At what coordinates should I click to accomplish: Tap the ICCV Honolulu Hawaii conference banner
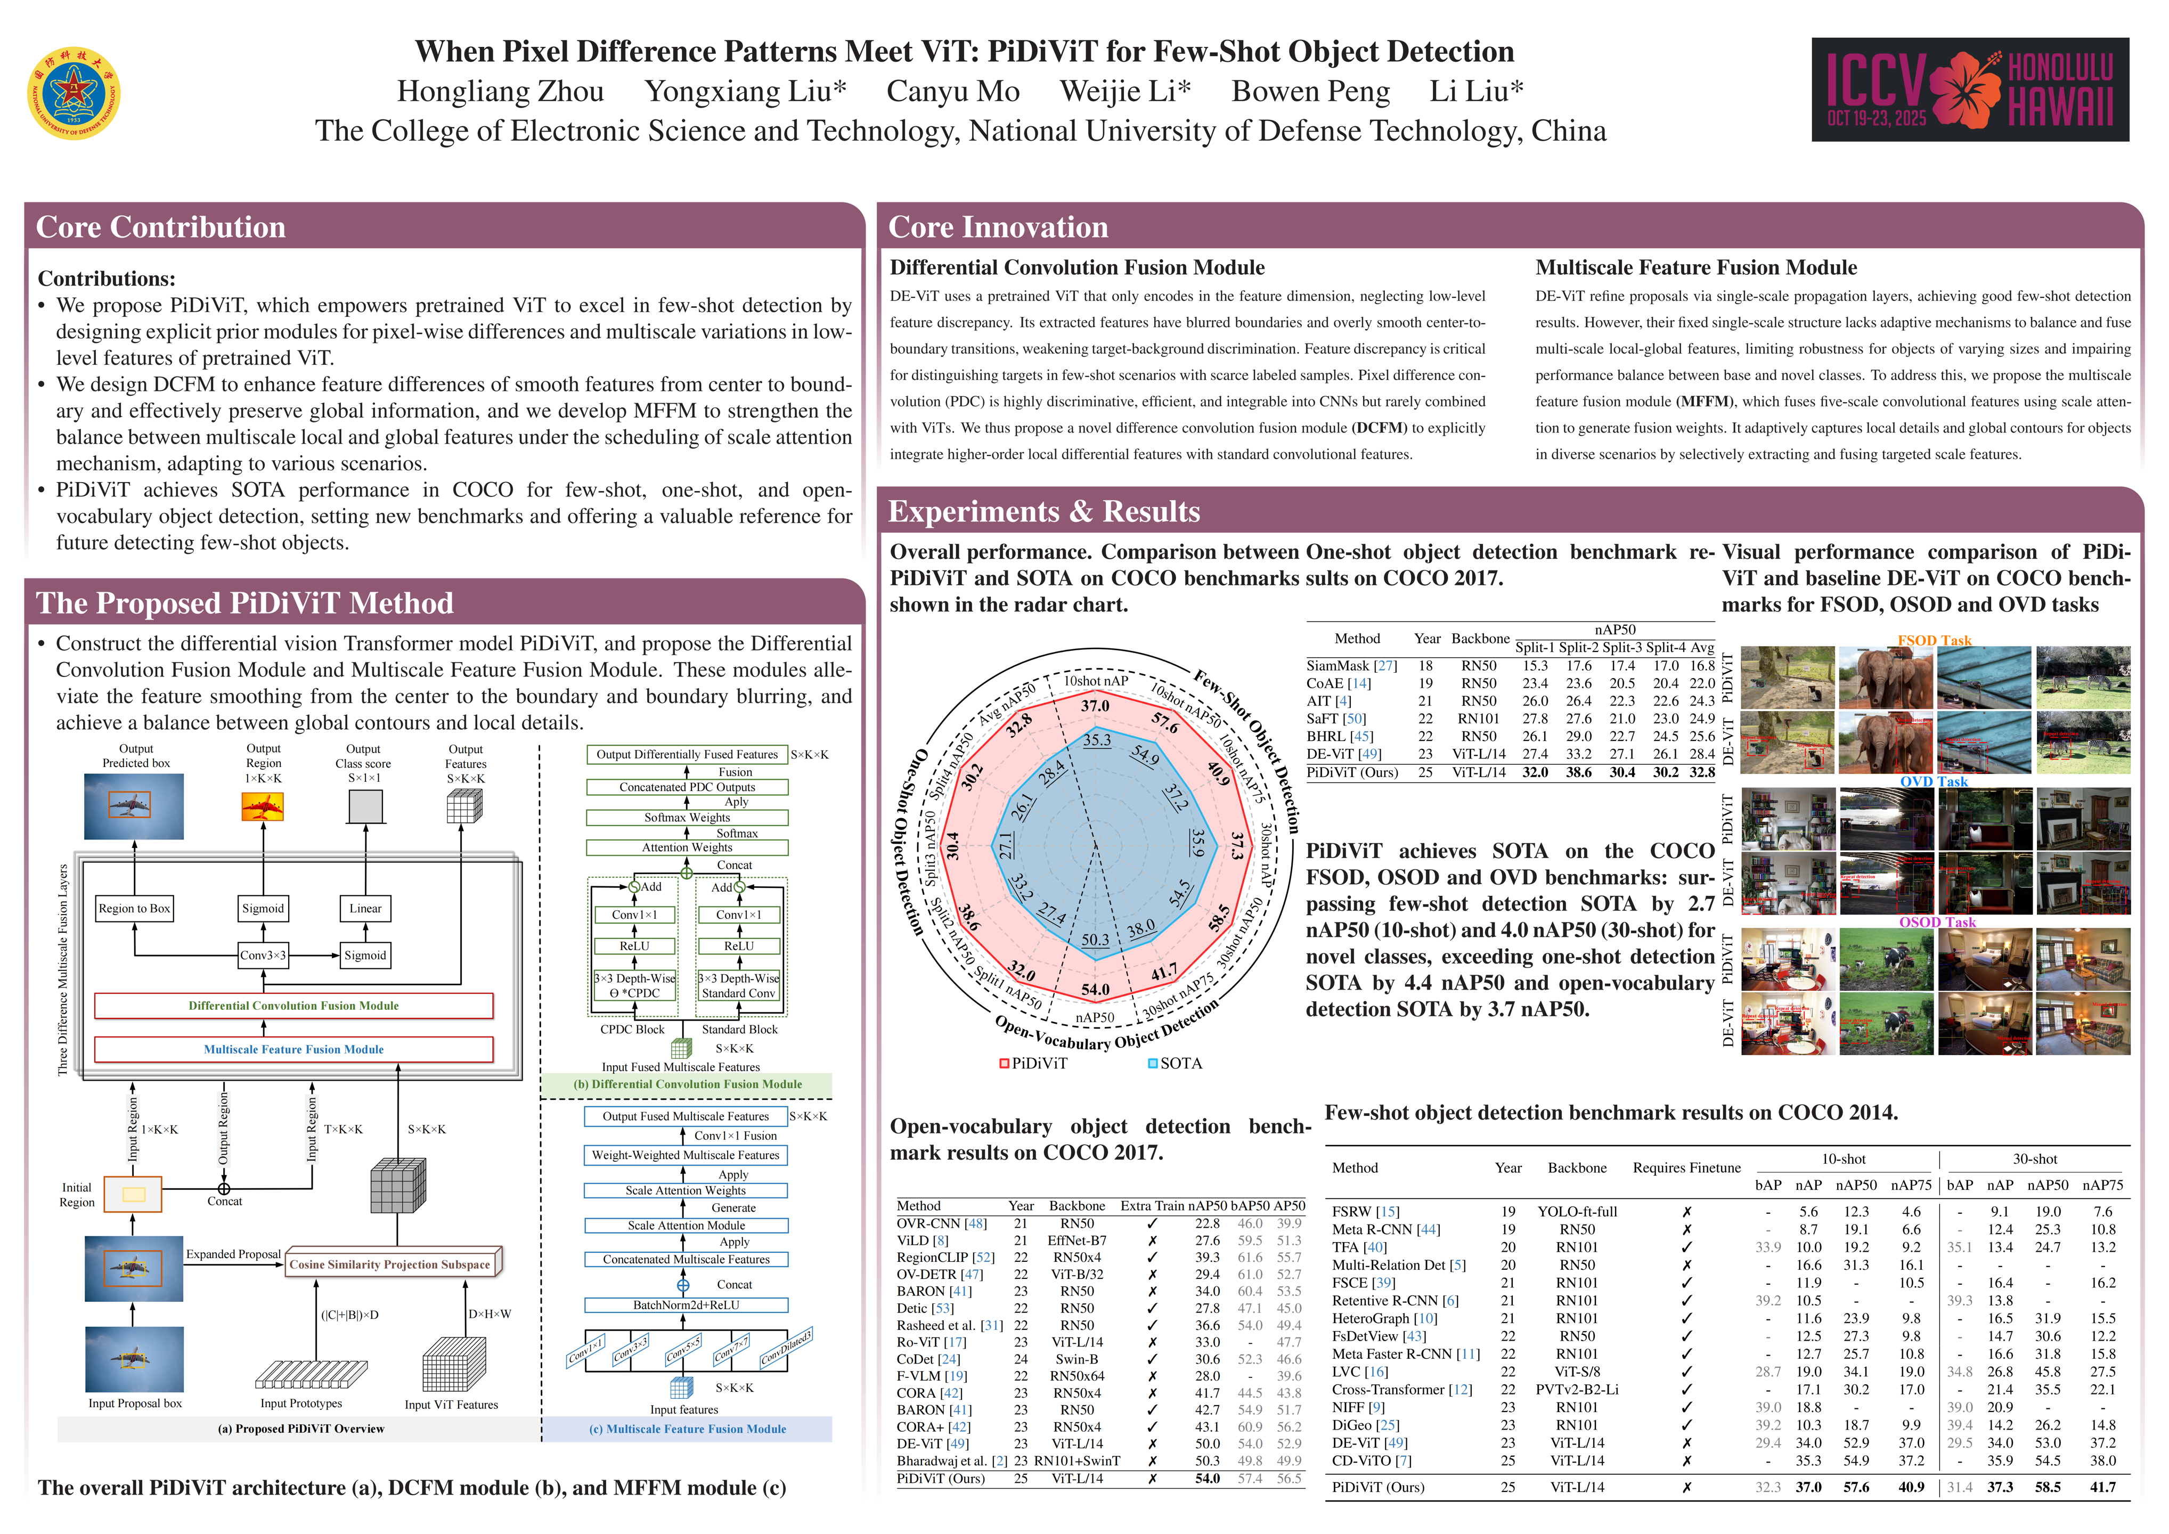(1970, 89)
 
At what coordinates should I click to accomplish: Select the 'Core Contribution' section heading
(160, 227)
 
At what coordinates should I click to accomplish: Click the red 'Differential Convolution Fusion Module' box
(294, 1006)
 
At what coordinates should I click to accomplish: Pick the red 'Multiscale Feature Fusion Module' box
(294, 1049)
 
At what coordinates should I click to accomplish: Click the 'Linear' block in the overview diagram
(365, 909)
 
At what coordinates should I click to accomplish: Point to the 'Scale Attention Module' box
(687, 1225)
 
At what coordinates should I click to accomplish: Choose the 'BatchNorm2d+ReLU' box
(687, 1305)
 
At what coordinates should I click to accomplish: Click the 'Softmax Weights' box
(687, 818)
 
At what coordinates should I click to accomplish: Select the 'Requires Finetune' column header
(1686, 1169)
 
